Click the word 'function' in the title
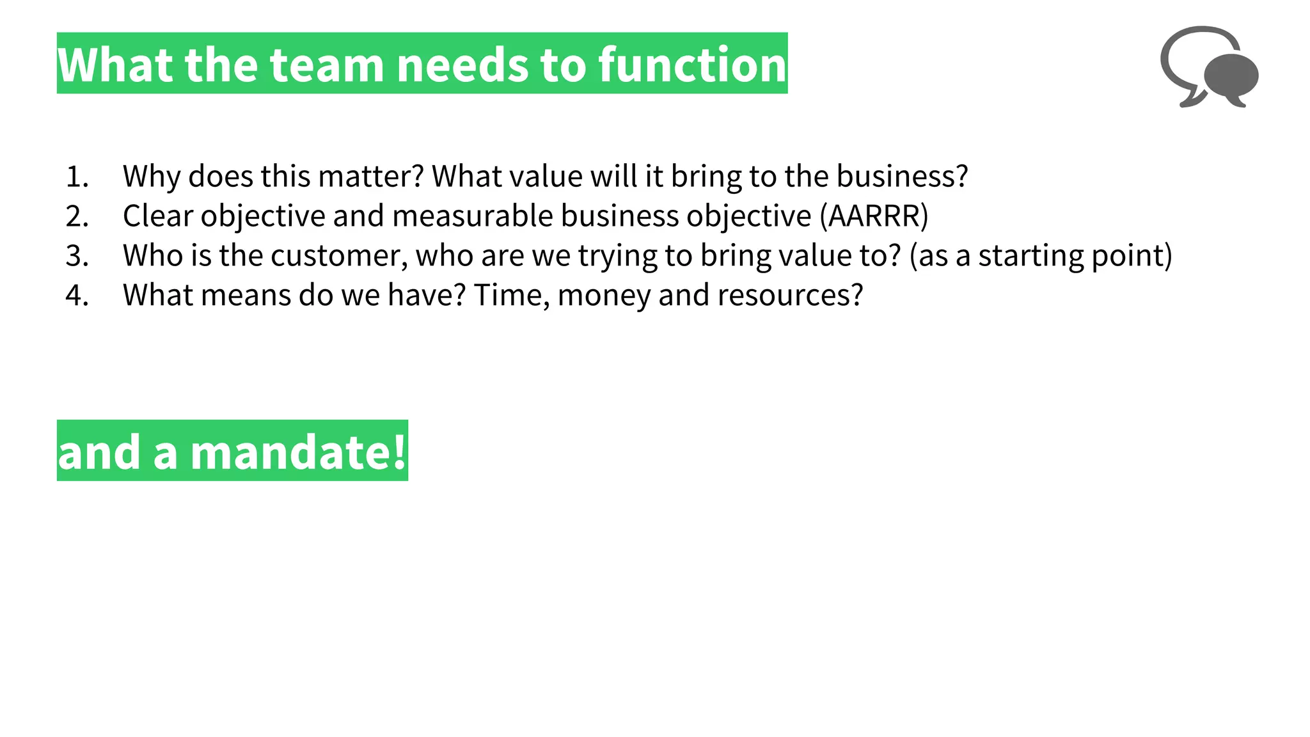click(x=692, y=65)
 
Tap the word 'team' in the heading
click(x=326, y=65)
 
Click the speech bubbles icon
click(x=1209, y=67)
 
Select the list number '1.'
click(x=77, y=177)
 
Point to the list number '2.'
click(x=77, y=216)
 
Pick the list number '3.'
click(x=77, y=256)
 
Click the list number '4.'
click(x=77, y=296)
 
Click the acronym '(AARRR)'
click(x=874, y=216)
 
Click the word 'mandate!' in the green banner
click(x=298, y=452)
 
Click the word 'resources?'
click(x=790, y=296)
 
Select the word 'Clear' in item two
click(x=157, y=216)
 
